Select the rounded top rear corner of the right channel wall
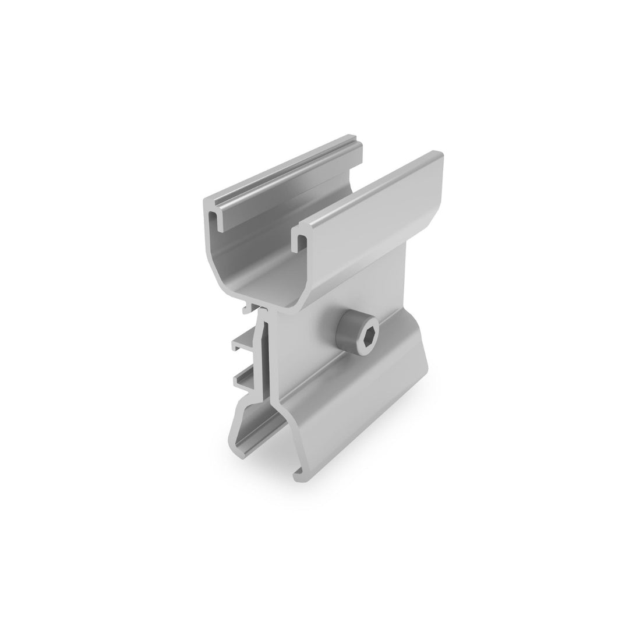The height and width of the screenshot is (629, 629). (x=438, y=156)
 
